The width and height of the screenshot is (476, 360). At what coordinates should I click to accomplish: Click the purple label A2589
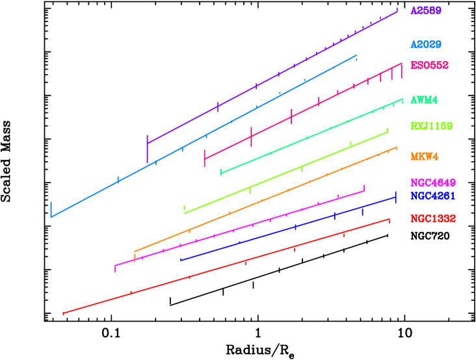tap(425, 11)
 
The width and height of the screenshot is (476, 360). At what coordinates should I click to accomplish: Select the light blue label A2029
tap(425, 45)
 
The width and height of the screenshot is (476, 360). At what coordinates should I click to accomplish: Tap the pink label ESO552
tap(429, 66)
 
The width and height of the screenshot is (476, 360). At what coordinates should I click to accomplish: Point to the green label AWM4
tap(424, 100)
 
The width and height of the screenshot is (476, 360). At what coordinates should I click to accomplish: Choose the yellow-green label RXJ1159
tap(431, 125)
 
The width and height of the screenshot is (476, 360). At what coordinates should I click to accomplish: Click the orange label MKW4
tap(424, 157)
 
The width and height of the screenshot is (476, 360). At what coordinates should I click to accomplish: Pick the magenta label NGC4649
tap(432, 183)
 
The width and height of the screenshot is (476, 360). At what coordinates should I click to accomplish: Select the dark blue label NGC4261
tap(432, 196)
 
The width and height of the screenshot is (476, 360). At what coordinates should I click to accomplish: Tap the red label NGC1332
tap(432, 218)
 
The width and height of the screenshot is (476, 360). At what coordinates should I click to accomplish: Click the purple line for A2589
tap(273, 77)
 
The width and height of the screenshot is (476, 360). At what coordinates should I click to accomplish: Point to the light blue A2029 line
tap(195, 140)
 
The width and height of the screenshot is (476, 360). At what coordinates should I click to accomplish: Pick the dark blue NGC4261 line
tap(286, 229)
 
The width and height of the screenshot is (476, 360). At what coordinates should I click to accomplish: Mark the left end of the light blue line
tap(51, 216)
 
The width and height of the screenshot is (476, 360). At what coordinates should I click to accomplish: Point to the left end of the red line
tap(64, 313)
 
